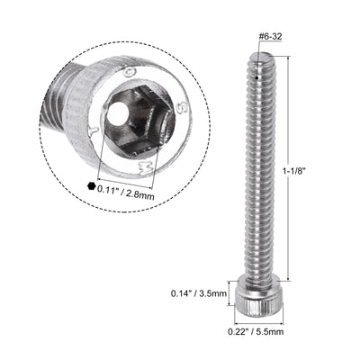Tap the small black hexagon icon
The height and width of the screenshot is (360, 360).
(x=91, y=187)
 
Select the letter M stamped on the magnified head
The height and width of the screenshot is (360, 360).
(x=139, y=165)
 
